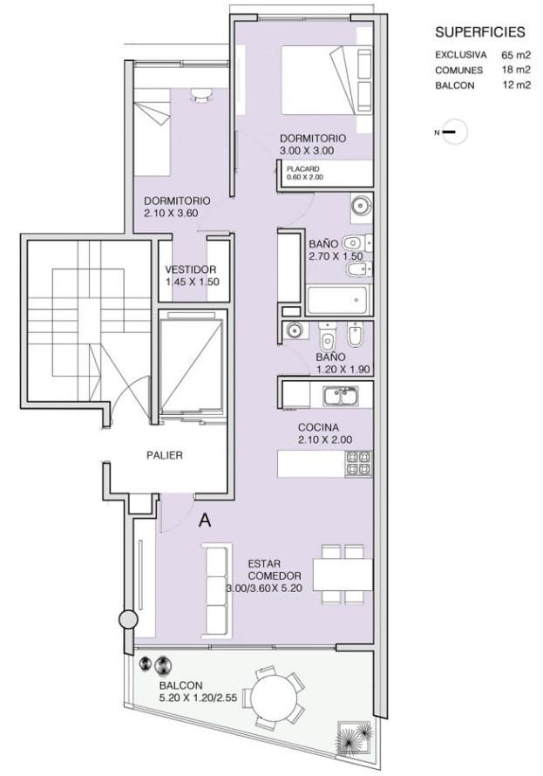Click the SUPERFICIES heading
coord(479,32)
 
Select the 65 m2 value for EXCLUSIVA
coord(516,54)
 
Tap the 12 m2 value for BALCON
coord(517,85)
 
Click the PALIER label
coord(165,455)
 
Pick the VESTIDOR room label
coord(190,269)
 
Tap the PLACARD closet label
coord(302,169)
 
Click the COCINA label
coord(318,427)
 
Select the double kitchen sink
coord(342,397)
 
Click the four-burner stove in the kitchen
coord(358,464)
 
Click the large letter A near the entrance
coord(205,521)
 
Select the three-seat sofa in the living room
coord(217,589)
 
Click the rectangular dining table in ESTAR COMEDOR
coord(343,575)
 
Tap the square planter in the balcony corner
coord(354,739)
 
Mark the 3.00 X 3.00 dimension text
coord(307,151)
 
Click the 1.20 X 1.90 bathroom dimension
coord(343,370)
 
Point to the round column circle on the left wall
coord(129,619)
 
